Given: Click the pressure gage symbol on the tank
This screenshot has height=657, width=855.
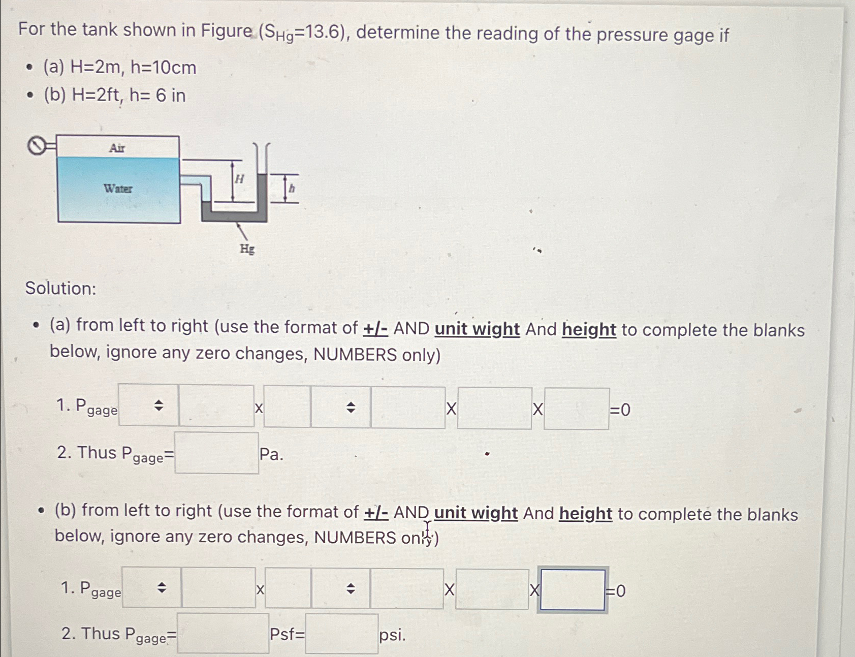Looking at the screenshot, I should pos(37,146).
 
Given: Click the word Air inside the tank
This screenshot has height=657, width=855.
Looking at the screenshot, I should pos(117,148).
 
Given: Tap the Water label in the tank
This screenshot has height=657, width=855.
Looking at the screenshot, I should pos(118,189).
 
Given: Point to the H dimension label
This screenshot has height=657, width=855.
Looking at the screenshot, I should pos(239,179).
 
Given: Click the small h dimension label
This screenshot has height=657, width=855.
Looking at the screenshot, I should pos(292,189).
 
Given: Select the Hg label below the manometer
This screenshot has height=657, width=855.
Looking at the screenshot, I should pos(247,249).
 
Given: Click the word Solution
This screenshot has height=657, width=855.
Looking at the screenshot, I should pos(60,289).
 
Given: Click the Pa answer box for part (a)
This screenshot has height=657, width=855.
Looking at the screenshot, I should pos(216,453).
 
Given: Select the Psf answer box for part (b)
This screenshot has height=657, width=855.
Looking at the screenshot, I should pos(223,634).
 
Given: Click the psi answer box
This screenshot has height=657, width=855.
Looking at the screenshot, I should pos(341,634).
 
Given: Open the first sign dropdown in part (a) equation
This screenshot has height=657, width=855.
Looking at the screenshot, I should pos(148,405).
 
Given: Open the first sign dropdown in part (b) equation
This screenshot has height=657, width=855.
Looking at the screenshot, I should pos(151,588).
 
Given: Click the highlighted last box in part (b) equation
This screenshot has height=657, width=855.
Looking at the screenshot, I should pos(573,589).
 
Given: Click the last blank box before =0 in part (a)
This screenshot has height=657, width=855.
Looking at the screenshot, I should pos(576,409).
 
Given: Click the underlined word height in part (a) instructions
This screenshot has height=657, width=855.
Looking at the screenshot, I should pos(589,330).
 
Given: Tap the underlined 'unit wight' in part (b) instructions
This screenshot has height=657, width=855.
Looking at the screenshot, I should pos(476,513).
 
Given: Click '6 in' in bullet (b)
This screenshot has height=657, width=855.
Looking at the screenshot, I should pos(171,95).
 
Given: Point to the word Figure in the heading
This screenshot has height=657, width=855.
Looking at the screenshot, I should pos(226,30).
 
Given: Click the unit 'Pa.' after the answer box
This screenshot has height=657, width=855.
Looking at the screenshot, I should pos(271,454).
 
